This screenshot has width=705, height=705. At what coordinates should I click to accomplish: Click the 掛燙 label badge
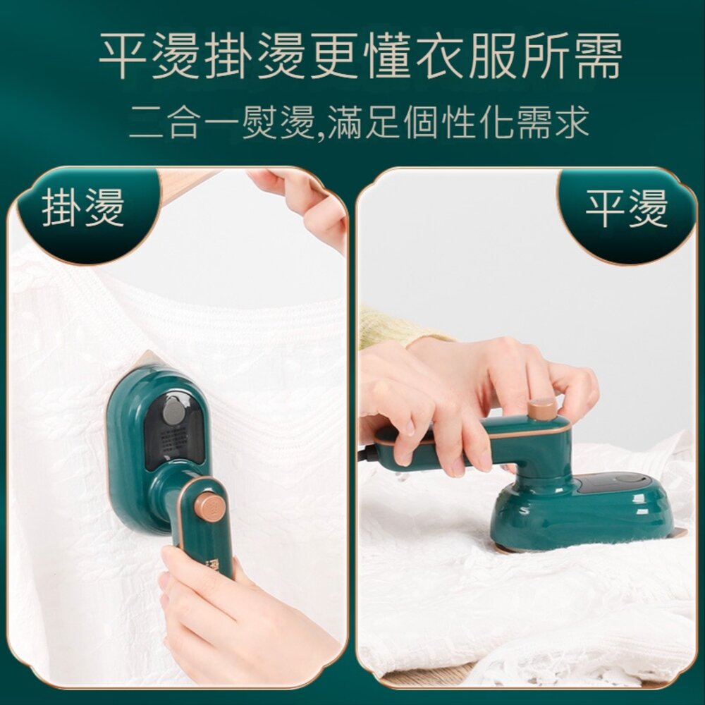[x=82, y=209]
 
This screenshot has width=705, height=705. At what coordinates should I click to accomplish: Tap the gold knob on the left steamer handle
[x=209, y=506]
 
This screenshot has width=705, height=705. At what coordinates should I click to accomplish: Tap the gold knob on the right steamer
[x=542, y=408]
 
